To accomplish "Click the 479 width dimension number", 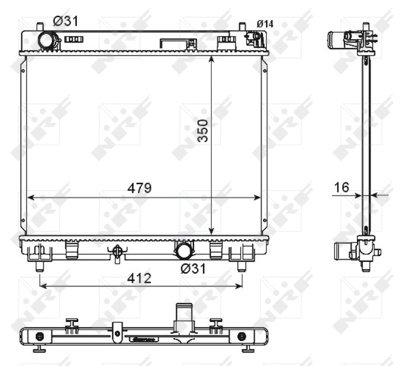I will pyautogui.click(x=139, y=187).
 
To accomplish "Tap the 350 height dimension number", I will pyautogui.click(x=203, y=131).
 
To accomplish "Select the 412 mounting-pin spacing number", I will pyautogui.click(x=140, y=278).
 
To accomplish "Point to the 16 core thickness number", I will pyautogui.click(x=342, y=187).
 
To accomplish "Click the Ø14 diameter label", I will pyautogui.click(x=265, y=24).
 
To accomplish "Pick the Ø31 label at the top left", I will pyautogui.click(x=65, y=21).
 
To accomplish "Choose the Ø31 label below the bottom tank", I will pyautogui.click(x=192, y=268).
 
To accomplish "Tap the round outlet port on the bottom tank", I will pyautogui.click(x=184, y=250).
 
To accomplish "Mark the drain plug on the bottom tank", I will pyautogui.click(x=117, y=253).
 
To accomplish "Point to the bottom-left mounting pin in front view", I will pyautogui.click(x=40, y=266).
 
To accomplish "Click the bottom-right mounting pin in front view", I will pyautogui.click(x=242, y=266).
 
